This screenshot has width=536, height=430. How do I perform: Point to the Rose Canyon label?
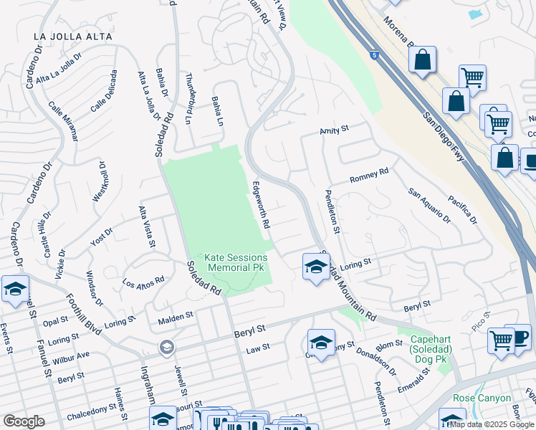click(x=482, y=398)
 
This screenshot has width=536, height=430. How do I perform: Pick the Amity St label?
click(x=333, y=130)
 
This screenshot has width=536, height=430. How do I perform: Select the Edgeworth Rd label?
click(x=260, y=204)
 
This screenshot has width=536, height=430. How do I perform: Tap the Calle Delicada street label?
click(x=103, y=91)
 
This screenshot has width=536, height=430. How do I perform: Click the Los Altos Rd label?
click(x=143, y=285)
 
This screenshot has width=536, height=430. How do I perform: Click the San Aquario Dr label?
click(x=429, y=206)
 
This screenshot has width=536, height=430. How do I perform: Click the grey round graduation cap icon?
click(x=166, y=348)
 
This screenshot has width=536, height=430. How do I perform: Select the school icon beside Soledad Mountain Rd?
click(x=315, y=267)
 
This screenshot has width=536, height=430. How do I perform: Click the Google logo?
click(x=24, y=421)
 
